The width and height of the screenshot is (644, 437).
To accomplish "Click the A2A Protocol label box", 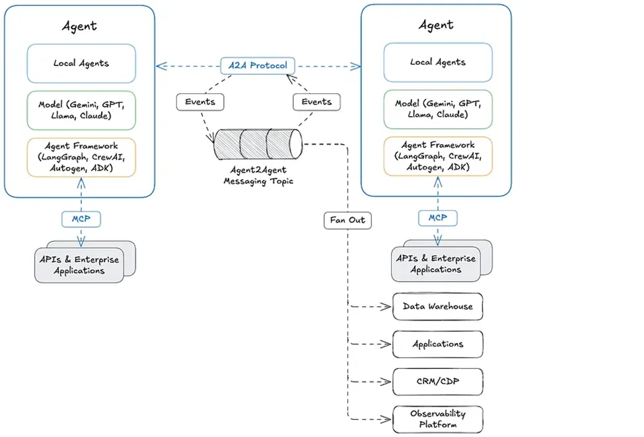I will [x=258, y=66].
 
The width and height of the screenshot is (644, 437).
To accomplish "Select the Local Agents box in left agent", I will [x=81, y=63].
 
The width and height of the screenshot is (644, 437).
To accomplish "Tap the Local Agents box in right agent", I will [x=437, y=62].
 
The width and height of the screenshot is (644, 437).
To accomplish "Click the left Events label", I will [x=199, y=102].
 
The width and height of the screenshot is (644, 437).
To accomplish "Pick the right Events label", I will [x=316, y=102].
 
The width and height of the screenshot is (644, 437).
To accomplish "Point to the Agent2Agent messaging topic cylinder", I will [x=258, y=143].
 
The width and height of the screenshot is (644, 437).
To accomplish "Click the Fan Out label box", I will [x=347, y=219].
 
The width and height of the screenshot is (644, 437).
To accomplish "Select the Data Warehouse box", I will [x=438, y=307].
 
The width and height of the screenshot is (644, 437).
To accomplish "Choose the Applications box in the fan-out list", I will [x=438, y=344].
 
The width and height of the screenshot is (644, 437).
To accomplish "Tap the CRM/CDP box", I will [x=438, y=381].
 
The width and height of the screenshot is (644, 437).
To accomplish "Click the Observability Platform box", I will [x=438, y=418].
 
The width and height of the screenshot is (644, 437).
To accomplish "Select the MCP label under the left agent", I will [x=81, y=218].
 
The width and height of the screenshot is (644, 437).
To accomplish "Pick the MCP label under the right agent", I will [x=437, y=218].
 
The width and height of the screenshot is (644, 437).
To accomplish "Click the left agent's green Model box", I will [x=81, y=110].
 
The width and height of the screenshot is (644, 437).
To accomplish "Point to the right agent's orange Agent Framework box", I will [x=437, y=157].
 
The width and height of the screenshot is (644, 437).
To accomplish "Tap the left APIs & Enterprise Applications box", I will [x=79, y=264].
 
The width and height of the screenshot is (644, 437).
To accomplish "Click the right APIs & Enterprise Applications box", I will [x=436, y=264].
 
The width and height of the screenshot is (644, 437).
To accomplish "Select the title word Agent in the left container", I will [x=79, y=26].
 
